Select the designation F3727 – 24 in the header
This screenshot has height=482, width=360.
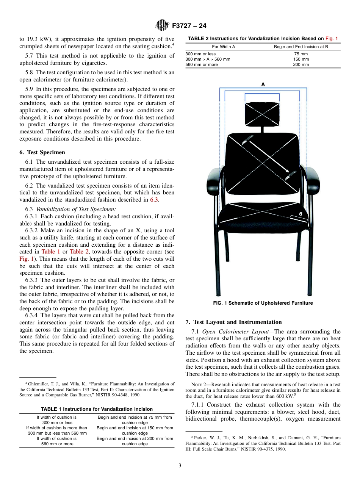coord(189,26)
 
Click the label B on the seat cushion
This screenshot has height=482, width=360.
coord(301,214)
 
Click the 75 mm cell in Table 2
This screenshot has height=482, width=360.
coord(301,54)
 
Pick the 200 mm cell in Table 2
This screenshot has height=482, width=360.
coord(301,64)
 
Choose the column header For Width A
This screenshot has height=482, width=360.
coord(223,47)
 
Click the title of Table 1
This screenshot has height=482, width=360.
coord(97,409)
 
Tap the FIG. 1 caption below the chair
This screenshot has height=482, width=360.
coord(263,303)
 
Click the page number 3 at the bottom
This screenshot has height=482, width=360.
coord(180,465)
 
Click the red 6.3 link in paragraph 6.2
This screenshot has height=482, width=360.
coord(154,200)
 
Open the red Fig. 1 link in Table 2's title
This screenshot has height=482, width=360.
coord(332,38)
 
